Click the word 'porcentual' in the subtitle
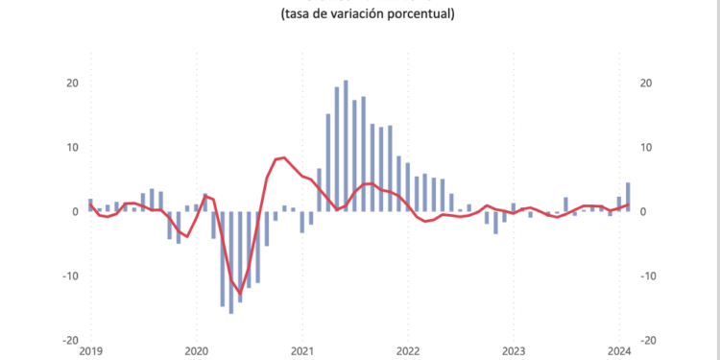(420, 13)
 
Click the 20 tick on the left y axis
(71, 84)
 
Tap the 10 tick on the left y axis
(71, 148)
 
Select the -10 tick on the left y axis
(68, 276)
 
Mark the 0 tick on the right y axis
(643, 212)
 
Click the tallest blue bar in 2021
(346, 144)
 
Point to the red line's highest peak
(283, 156)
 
